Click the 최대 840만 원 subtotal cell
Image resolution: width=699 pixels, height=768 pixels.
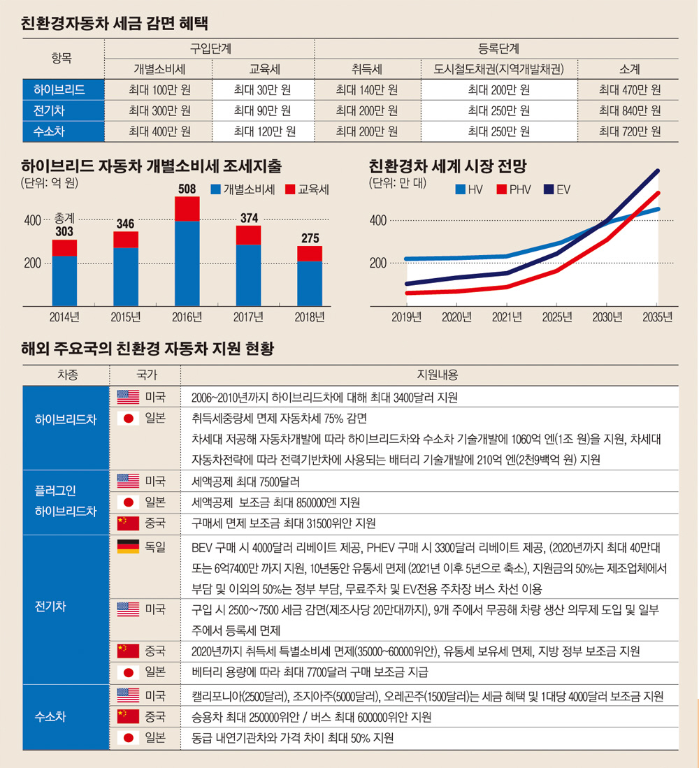(x=629, y=110)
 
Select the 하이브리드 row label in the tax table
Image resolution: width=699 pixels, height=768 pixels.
(x=64, y=89)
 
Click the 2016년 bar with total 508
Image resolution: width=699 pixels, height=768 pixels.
(x=187, y=252)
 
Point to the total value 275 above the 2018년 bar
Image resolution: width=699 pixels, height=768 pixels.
(x=310, y=238)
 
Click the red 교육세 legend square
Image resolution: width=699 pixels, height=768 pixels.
(x=290, y=189)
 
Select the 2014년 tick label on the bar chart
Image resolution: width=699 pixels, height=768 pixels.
(x=64, y=317)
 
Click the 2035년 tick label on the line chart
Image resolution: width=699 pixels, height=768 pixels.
(x=657, y=317)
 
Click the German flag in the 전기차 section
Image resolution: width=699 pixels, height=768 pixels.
(x=128, y=547)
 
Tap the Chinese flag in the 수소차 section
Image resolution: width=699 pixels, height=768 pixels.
(x=128, y=717)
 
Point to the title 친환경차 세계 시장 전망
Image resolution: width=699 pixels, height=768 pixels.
(x=447, y=166)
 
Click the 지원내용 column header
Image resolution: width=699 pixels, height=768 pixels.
(x=437, y=375)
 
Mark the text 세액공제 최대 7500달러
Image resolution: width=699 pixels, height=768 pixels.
(x=239, y=481)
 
